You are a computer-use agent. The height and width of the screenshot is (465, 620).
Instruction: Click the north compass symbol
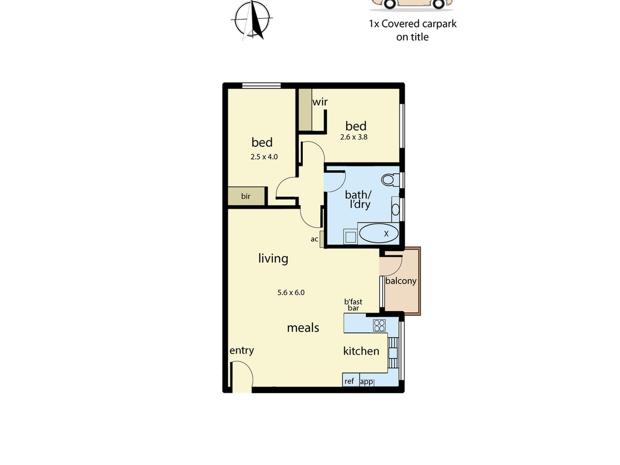pos(252,20)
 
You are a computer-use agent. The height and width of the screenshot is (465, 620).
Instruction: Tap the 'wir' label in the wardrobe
pos(320,102)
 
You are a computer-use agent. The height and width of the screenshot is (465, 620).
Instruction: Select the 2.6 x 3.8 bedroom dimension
pos(354,137)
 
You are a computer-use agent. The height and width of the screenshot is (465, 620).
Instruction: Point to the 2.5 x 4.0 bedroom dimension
pos(264,157)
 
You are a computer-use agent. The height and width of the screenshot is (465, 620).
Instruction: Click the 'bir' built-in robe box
pos(246,196)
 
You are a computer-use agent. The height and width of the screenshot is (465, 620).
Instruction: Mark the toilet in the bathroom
pos(390,179)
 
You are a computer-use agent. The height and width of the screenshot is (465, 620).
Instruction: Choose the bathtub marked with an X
pos(379,233)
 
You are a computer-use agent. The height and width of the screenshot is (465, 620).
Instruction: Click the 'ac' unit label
pos(314,239)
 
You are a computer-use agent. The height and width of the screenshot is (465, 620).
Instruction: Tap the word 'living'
pos(273,258)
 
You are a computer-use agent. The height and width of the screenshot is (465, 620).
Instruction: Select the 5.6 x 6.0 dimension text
pos(291,292)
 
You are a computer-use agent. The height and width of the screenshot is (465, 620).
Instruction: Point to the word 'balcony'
pos(401,281)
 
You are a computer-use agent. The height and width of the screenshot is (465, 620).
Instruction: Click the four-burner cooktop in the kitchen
pos(379,325)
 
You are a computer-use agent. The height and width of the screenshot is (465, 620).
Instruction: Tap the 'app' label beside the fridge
pos(366,382)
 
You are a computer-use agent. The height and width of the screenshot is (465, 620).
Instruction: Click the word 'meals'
pos(303,328)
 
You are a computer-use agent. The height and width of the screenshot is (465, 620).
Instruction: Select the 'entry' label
pos(242,351)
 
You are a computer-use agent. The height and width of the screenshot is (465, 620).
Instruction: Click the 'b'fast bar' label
pos(353,305)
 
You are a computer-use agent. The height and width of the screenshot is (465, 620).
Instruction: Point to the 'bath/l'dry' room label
pos(358,200)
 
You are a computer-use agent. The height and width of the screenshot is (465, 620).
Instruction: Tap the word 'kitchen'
pos(361,351)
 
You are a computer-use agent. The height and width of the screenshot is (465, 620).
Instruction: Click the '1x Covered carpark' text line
pos(413,24)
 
